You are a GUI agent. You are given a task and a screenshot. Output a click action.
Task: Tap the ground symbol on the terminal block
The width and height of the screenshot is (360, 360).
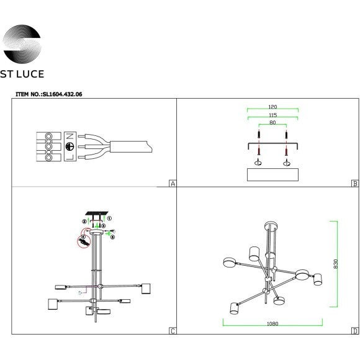click(x=70, y=148)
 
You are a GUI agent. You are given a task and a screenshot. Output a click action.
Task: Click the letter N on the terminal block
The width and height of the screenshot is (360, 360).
click(x=70, y=136)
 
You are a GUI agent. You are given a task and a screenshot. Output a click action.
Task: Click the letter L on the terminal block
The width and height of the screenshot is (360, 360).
click(x=70, y=158)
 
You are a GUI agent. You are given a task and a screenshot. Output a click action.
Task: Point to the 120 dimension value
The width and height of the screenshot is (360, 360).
click(x=272, y=107)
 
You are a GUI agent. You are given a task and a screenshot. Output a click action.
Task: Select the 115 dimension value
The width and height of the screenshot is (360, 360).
click(x=272, y=115)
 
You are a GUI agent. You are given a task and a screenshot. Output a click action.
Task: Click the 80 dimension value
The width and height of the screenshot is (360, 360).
click(x=272, y=123)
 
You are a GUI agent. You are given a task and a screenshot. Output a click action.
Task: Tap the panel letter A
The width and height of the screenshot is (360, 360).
click(x=173, y=184)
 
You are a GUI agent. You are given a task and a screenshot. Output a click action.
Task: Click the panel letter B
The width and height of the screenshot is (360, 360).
click(x=353, y=184)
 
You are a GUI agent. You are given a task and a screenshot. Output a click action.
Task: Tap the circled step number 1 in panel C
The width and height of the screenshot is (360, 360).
click(x=109, y=218)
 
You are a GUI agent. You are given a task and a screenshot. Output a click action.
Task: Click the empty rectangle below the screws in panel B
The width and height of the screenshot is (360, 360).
click(x=272, y=174)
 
